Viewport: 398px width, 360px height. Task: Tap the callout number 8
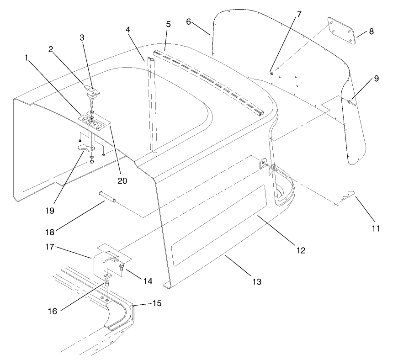tap(371, 32)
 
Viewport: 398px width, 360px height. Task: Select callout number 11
tap(376, 227)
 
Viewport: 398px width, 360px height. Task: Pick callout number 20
tap(122, 180)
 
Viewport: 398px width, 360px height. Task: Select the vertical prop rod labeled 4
tap(152, 105)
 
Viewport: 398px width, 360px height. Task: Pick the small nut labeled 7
tap(271, 73)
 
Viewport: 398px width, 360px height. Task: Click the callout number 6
tap(189, 21)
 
